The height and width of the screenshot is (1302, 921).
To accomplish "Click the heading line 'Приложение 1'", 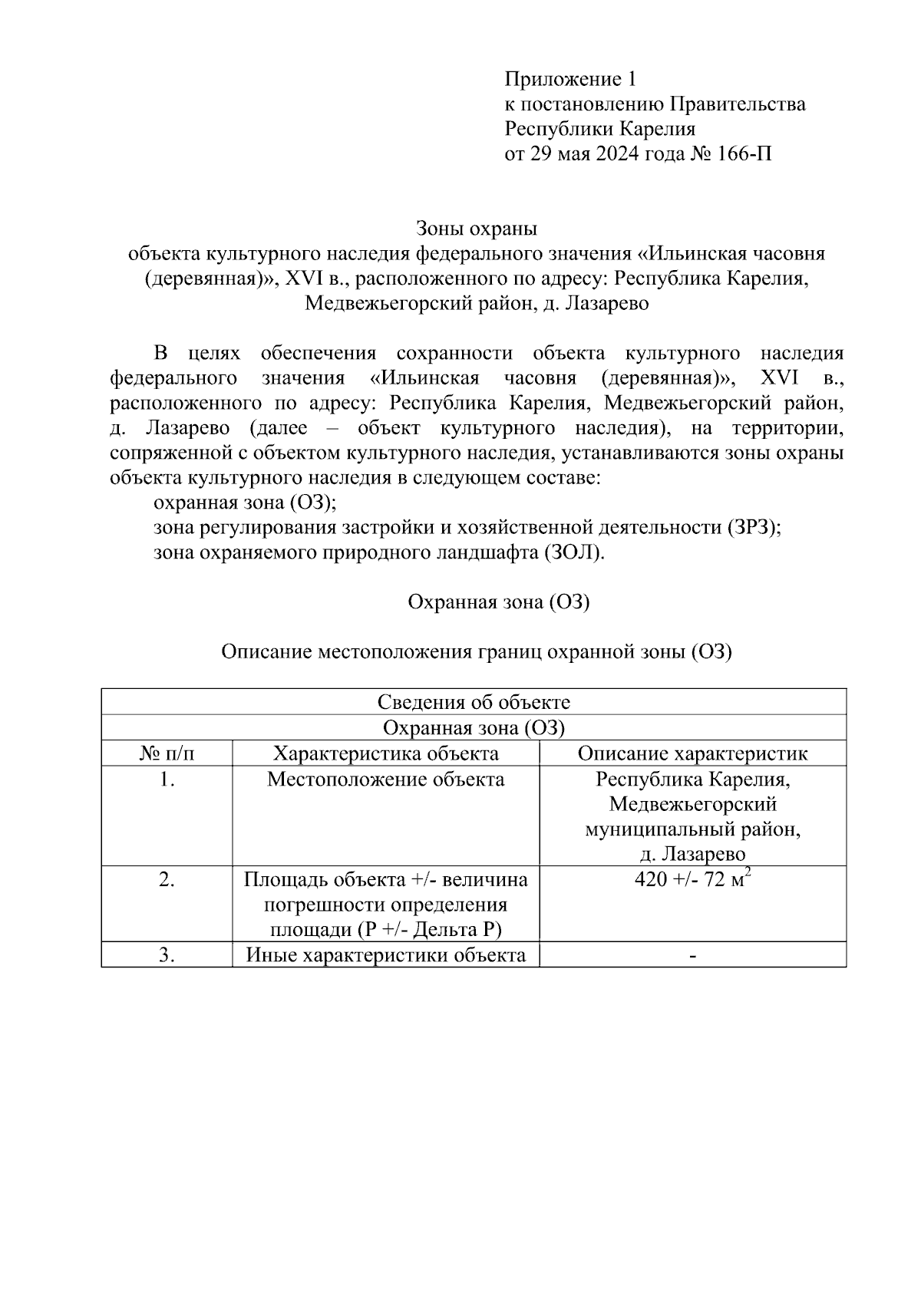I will (x=570, y=80).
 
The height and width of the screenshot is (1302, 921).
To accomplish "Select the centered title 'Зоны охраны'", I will (x=476, y=229).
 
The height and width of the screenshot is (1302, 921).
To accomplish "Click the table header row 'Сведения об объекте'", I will (x=474, y=702).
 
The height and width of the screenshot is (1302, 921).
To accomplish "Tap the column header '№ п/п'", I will (x=167, y=753).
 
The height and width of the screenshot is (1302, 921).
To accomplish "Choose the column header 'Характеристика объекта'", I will (x=386, y=753).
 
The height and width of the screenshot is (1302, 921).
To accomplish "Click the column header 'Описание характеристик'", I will (x=692, y=753).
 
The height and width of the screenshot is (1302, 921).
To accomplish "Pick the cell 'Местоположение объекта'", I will (x=386, y=780).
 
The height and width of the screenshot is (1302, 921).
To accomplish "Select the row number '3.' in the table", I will (x=167, y=955).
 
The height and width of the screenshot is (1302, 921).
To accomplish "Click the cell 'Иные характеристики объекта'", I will (x=386, y=955).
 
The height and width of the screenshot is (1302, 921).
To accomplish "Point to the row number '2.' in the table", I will (x=167, y=880).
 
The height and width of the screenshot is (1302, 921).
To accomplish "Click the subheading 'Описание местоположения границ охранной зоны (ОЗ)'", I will (x=476, y=652).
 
